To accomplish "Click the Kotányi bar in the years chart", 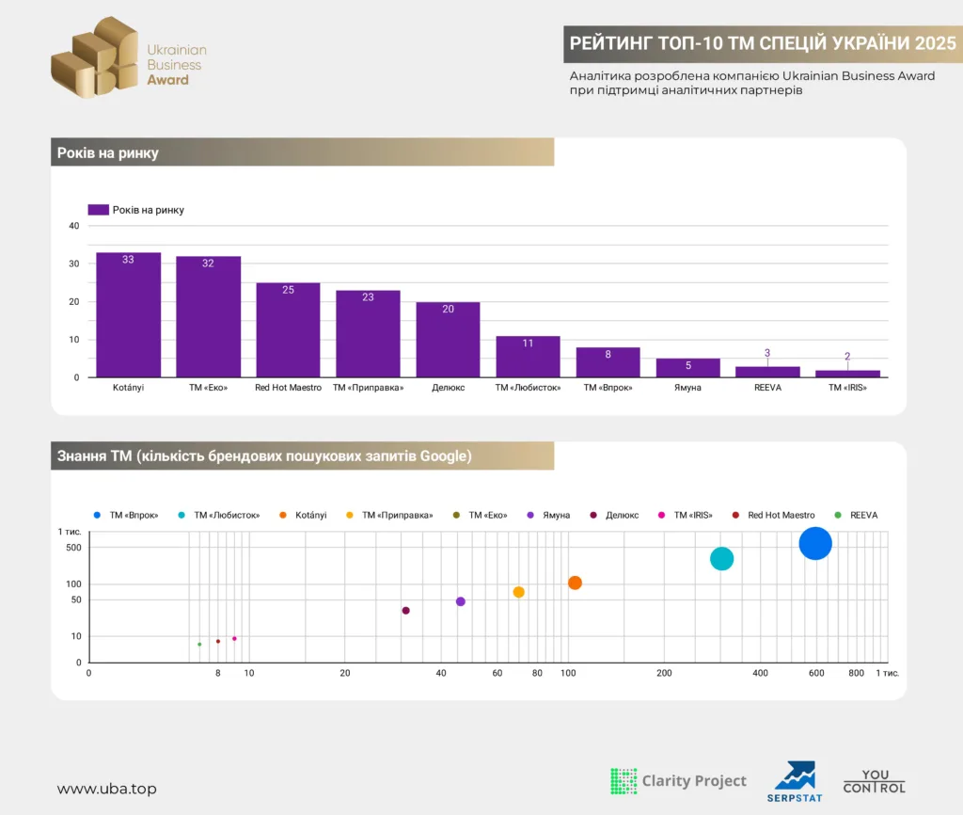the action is tap(128, 314).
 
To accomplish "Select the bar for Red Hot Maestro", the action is tap(288, 330).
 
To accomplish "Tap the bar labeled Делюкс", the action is tap(448, 340).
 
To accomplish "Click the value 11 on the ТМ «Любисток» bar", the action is tap(529, 343).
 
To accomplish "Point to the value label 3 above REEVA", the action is tap(767, 353).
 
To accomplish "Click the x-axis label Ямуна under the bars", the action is tap(687, 388).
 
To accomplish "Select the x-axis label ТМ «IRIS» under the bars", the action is tap(847, 388).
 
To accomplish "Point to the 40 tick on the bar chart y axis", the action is tap(74, 226).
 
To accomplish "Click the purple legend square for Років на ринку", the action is tap(98, 210).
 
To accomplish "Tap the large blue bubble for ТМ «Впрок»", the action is tap(815, 543).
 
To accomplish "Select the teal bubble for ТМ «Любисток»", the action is tap(721, 559).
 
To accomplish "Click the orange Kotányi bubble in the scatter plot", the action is tap(575, 583).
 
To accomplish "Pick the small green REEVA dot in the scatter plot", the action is tap(199, 644).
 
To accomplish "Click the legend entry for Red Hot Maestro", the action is tap(774, 515).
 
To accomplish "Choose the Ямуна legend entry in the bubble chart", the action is tap(548, 515).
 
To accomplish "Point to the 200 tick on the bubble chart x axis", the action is tap(664, 673).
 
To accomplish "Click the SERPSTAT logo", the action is tap(795, 782).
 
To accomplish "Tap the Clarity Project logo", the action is tap(678, 781).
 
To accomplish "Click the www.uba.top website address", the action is tap(107, 789).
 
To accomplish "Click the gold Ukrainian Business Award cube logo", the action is tap(95, 57).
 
